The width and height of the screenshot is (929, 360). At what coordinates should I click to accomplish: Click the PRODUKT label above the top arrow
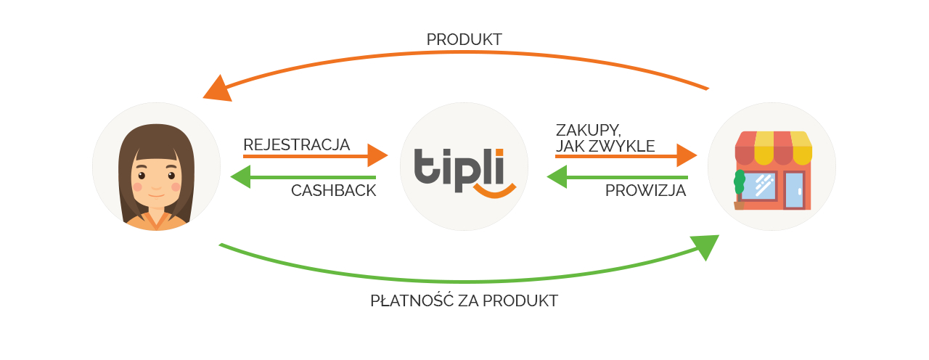click(x=464, y=39)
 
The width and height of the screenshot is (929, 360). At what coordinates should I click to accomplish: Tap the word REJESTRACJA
click(x=297, y=144)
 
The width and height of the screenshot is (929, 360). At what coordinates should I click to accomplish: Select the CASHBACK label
click(x=333, y=190)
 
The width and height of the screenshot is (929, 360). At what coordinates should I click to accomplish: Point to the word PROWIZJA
click(x=645, y=190)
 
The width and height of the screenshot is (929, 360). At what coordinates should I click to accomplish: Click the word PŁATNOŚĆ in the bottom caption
click(x=412, y=300)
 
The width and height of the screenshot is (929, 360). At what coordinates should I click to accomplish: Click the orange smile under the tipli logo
click(x=495, y=191)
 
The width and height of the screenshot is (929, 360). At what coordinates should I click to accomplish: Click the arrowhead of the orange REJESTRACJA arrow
click(x=377, y=155)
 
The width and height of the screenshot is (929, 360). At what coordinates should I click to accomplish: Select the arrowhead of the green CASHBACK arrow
click(x=241, y=177)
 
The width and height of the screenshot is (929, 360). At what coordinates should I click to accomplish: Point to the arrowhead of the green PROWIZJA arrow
click(x=557, y=177)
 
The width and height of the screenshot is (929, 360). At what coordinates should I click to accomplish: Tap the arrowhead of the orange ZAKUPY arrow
click(x=687, y=155)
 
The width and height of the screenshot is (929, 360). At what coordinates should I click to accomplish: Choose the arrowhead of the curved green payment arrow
click(x=705, y=247)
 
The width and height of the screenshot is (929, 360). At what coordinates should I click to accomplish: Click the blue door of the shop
click(x=794, y=190)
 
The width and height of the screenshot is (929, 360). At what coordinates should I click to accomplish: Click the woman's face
click(x=156, y=179)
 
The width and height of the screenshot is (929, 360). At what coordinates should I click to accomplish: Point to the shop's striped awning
click(x=774, y=147)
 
